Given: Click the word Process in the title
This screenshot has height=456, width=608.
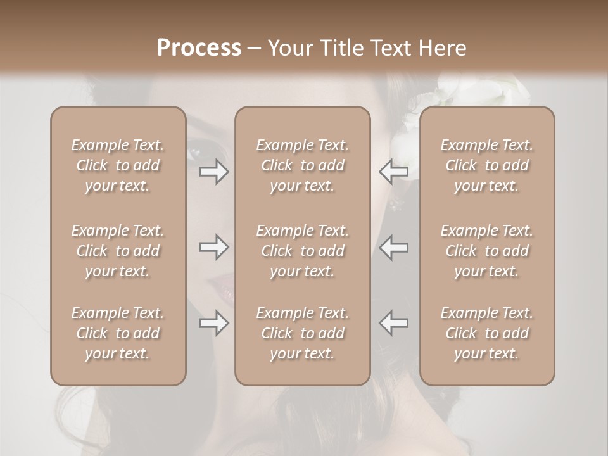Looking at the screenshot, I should coord(199,48).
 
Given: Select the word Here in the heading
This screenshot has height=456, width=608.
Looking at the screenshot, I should coord(443,48).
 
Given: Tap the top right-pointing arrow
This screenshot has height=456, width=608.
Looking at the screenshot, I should coord(214,172).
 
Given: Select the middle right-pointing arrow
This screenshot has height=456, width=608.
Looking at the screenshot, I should coord(214,247).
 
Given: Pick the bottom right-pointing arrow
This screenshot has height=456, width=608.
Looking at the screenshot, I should coord(214,323).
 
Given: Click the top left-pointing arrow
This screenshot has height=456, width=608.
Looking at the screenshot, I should coord(393,172).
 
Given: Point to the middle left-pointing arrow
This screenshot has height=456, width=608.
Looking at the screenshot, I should coord(393,247).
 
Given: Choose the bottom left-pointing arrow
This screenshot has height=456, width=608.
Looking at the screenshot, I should coord(393,323).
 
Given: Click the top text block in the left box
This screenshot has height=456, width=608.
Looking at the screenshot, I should coord(118,165).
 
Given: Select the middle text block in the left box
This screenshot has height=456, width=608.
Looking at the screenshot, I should coord(118,251).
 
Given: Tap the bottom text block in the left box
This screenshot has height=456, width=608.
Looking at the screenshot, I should coord(118,333).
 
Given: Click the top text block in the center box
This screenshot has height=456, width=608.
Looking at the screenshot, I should coord(302,165).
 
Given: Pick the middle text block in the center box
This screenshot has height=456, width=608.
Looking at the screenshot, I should coord(302,251).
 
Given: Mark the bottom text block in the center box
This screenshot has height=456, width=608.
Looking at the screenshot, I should coord(302,333).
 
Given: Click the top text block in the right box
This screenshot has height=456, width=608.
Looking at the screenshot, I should coord(487,165).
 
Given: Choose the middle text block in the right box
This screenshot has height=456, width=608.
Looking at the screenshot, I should coord(487,251).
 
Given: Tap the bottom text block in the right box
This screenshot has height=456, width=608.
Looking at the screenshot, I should coord(487,333).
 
